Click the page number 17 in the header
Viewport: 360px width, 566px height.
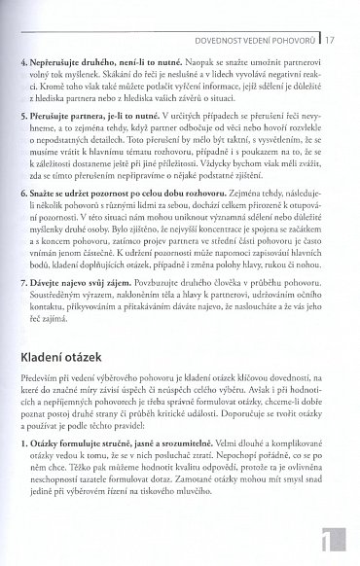tap(331, 13)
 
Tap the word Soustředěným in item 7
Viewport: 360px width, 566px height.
tap(67, 298)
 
